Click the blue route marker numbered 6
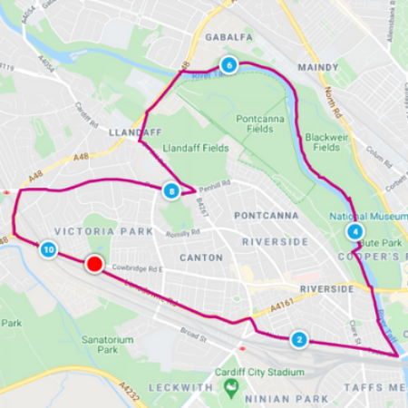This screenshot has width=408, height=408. point(228,65)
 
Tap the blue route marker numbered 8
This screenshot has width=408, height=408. point(170,191)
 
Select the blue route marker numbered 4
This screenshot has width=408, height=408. point(355,231)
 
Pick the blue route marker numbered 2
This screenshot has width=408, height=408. point(299,341)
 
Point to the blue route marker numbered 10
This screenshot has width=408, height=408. point(48,249)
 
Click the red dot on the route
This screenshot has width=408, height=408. point(93,264)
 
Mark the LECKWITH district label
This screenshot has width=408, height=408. point(178,386)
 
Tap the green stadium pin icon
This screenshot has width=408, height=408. point(232,387)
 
